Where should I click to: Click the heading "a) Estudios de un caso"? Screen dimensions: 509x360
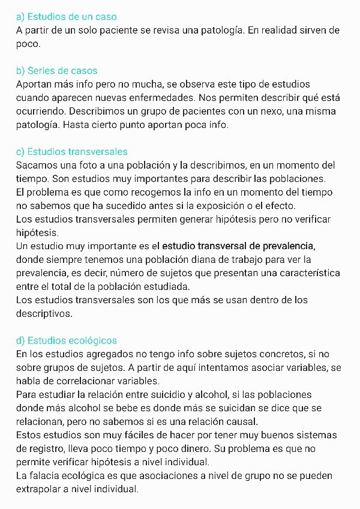click(x=67, y=16)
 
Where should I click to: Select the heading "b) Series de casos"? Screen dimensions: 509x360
click(x=57, y=71)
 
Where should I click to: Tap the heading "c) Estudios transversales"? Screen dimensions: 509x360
click(x=72, y=152)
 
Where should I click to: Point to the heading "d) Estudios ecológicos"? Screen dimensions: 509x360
click(x=67, y=341)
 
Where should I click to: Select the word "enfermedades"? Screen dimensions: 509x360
click(x=199, y=98)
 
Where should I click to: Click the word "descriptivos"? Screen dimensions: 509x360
click(x=44, y=313)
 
